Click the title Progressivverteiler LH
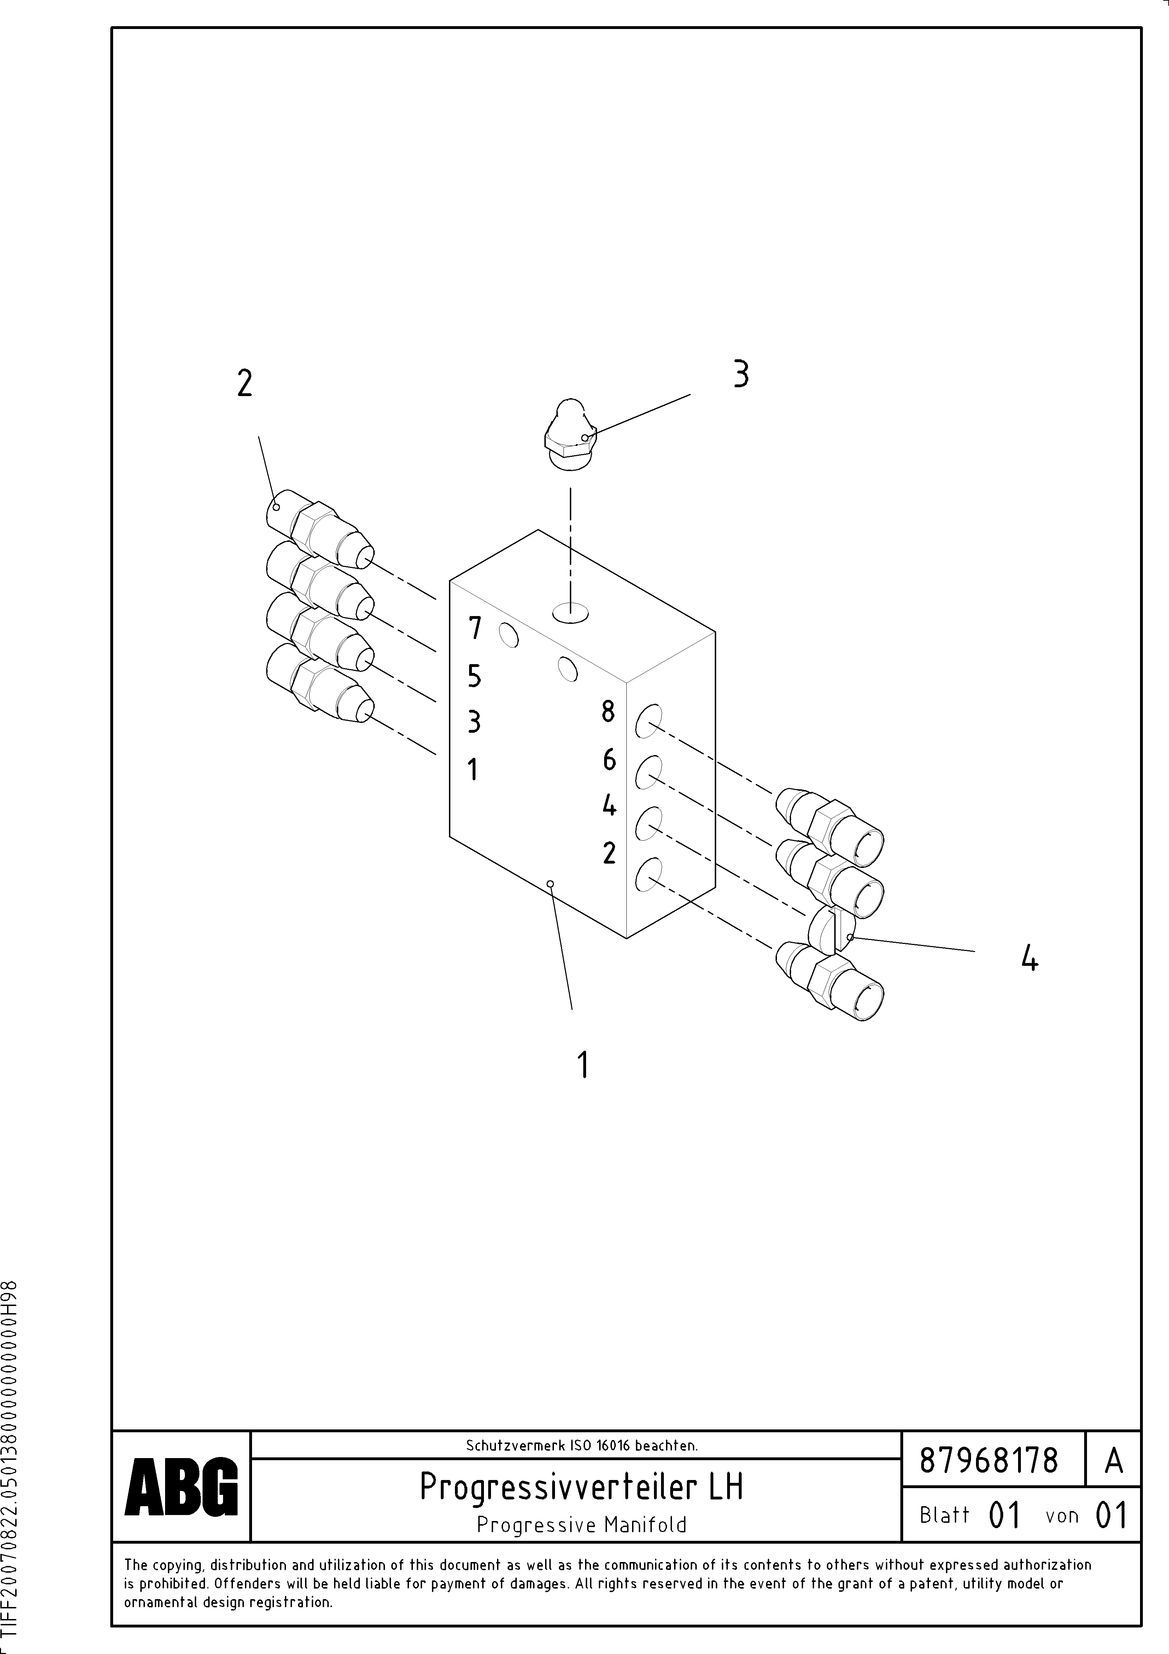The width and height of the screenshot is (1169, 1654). [581, 1486]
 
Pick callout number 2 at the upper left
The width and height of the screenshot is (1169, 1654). [245, 383]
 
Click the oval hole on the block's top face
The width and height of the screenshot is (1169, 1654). [571, 613]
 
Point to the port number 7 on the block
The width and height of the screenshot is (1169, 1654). [475, 628]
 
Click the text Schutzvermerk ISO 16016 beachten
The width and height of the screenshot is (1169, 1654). [581, 1445]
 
